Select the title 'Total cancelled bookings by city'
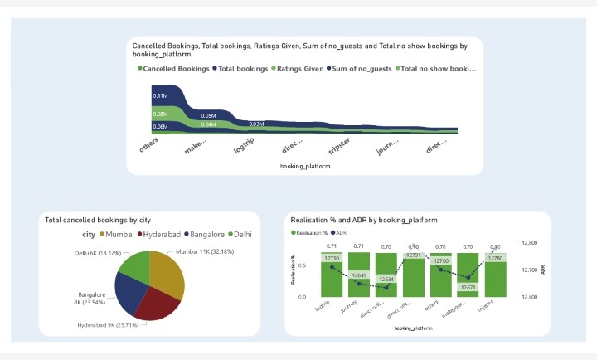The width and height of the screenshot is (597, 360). point(97,221)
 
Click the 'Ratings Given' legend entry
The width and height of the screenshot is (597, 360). point(299,69)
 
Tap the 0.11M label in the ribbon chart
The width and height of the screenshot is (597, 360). point(160,96)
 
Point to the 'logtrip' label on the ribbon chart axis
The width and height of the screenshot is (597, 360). point(247,145)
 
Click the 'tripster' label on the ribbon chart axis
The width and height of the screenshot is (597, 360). point(340,145)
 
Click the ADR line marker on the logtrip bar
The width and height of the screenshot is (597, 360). point(332,266)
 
